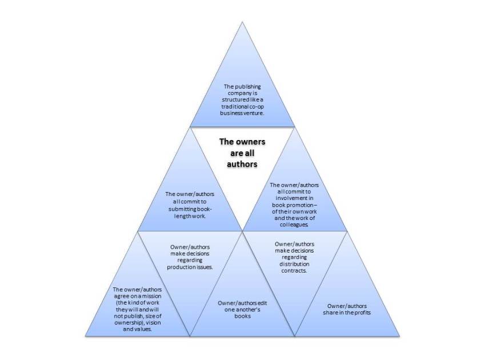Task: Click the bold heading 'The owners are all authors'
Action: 242,153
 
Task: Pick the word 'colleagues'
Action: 294,225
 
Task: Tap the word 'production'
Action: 181,267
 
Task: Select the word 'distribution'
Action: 294,264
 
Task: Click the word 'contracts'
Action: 294,271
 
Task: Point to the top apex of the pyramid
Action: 242,22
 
